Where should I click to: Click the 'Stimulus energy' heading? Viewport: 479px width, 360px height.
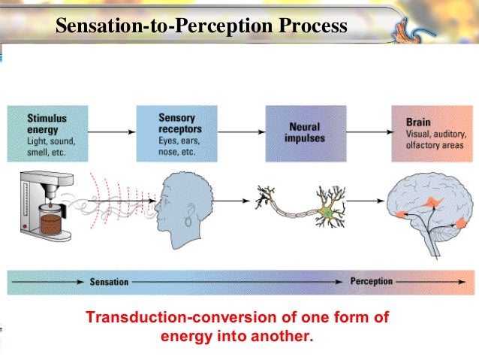click(47, 123)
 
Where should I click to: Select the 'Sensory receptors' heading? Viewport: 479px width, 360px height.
click(177, 123)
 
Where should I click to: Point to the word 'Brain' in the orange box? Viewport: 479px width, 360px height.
click(418, 119)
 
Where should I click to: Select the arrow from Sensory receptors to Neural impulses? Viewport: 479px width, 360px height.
click(241, 132)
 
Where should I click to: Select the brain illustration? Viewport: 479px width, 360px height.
click(429, 210)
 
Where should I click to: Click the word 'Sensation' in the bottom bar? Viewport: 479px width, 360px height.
click(109, 283)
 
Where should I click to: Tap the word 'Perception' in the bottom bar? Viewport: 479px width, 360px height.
click(371, 282)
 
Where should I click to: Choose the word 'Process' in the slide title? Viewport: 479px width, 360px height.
click(312, 27)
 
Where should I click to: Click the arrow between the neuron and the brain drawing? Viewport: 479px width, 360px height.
click(368, 201)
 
